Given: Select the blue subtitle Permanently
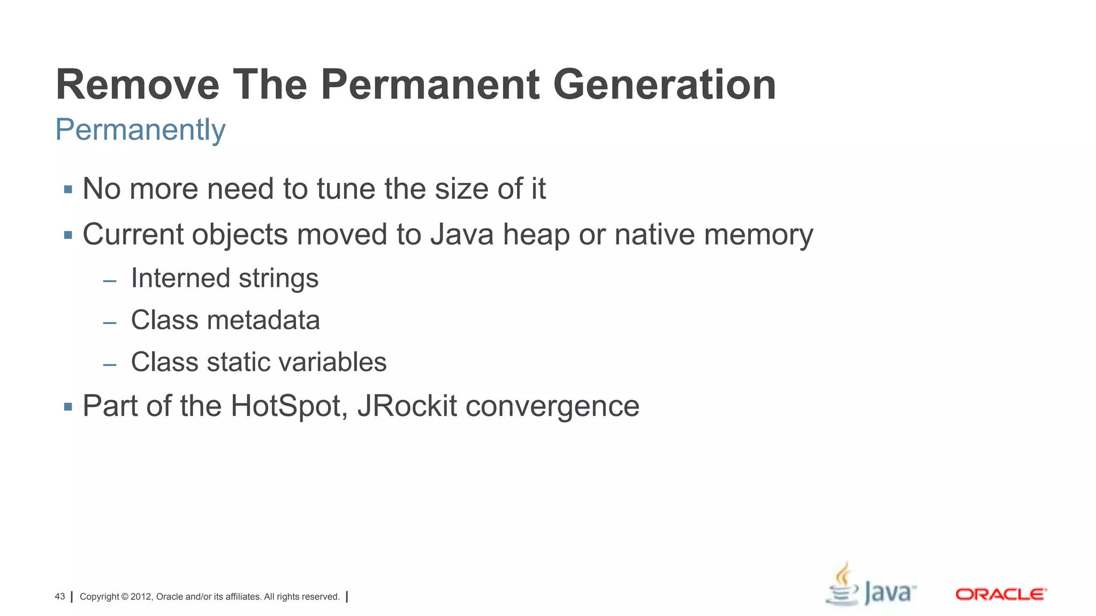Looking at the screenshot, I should (x=140, y=130).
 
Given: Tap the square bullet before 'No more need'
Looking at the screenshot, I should (x=68, y=189).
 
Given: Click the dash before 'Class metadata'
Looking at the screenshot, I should (x=110, y=323).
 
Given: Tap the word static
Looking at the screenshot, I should (x=238, y=362).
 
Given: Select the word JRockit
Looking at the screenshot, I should (x=407, y=406).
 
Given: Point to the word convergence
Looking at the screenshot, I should (x=552, y=407).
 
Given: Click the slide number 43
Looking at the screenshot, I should (x=59, y=596).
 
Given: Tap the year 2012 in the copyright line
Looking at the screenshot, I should (x=141, y=597).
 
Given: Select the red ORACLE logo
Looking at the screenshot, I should (x=1001, y=594).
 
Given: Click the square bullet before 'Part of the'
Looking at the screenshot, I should (x=68, y=407).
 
